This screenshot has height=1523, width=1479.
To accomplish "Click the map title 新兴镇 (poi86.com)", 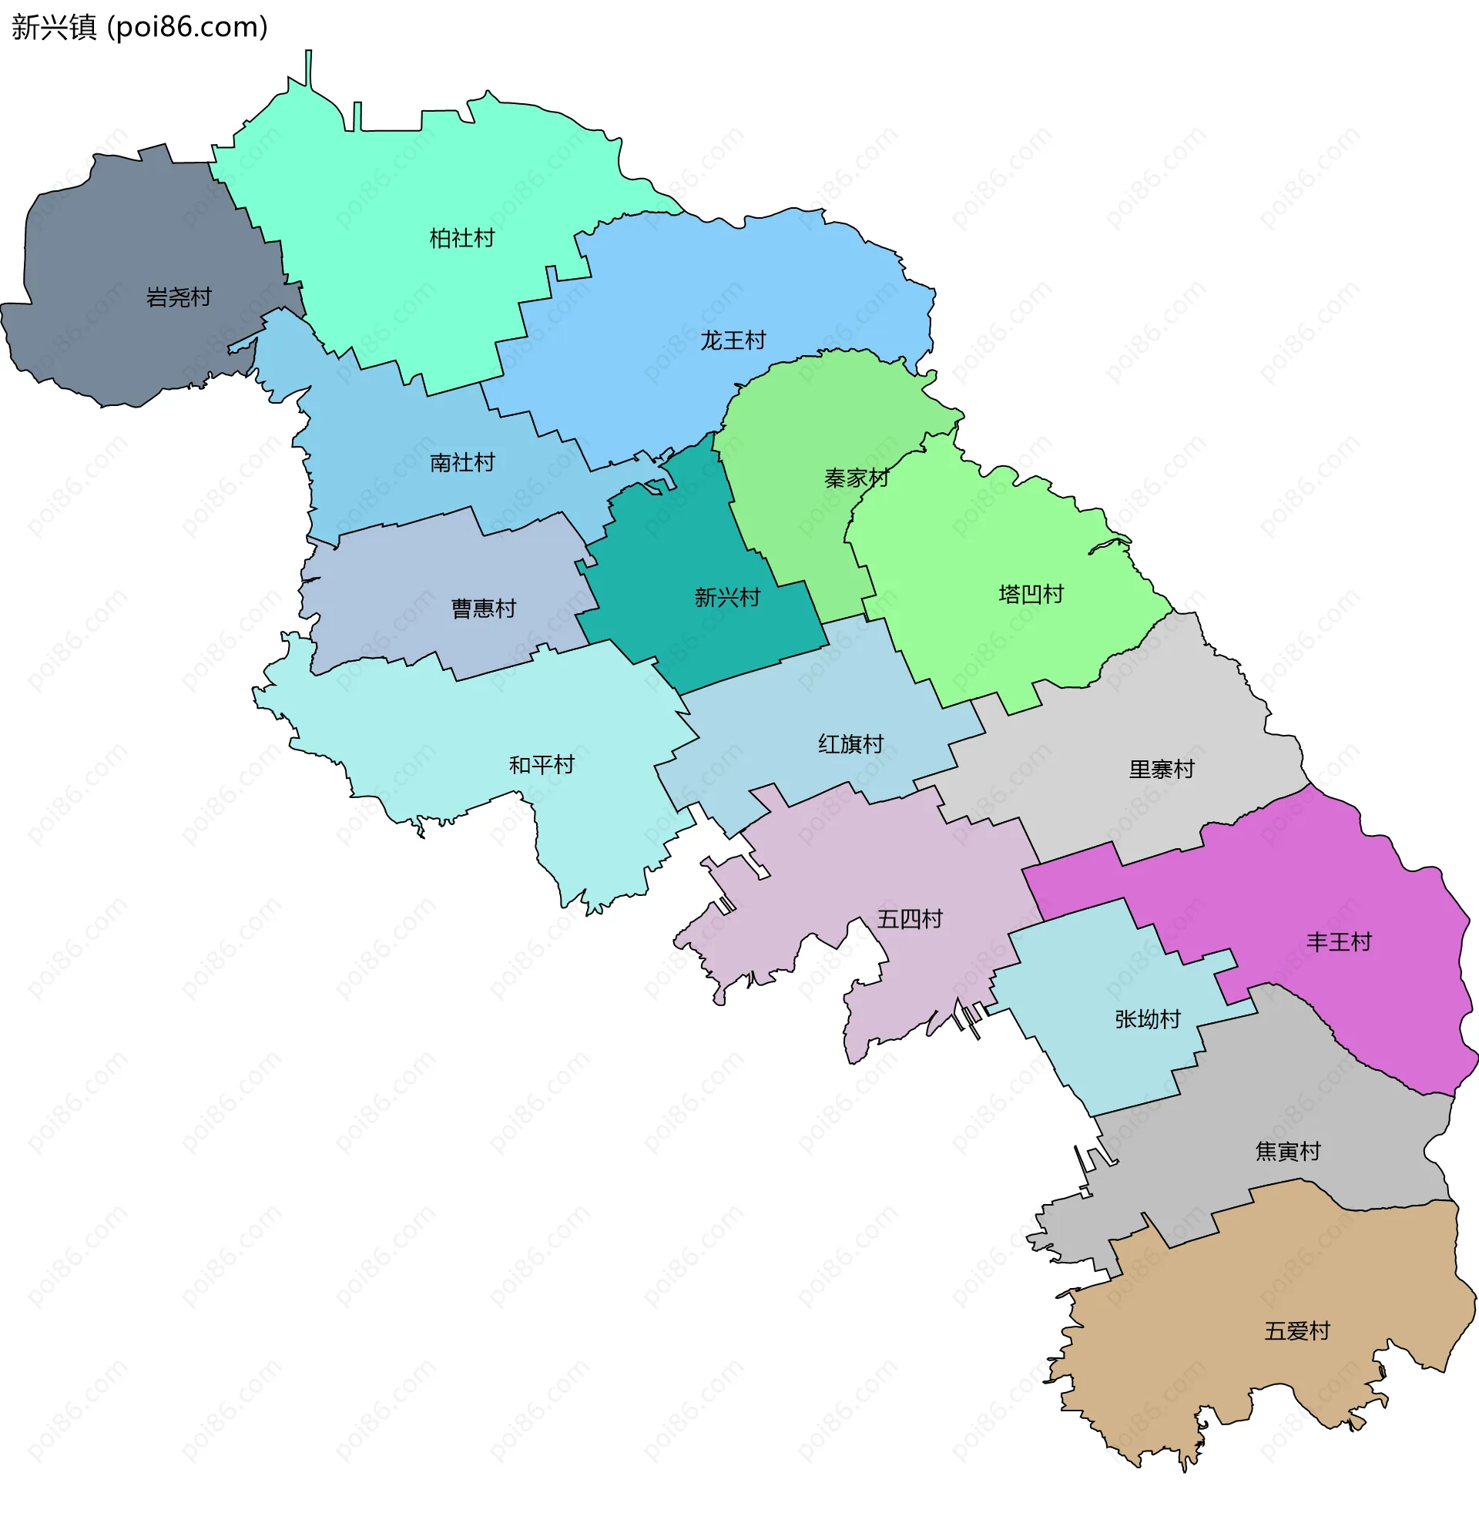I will [140, 27].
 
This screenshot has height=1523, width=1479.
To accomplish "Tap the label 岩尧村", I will [179, 297].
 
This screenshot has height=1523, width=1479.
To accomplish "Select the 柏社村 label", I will [462, 238].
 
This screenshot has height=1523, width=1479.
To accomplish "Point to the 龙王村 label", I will [733, 340].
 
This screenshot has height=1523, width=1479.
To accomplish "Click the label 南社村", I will [462, 462].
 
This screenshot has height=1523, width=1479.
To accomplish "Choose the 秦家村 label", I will [857, 478].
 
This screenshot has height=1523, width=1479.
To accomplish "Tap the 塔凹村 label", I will [1031, 595].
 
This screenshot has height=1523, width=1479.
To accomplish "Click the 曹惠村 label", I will [484, 609].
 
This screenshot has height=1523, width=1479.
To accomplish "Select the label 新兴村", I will [727, 598].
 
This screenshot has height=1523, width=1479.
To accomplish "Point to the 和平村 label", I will [542, 765].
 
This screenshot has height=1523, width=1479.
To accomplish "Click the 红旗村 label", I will [851, 743].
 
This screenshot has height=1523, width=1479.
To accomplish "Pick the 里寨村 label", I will [1162, 770].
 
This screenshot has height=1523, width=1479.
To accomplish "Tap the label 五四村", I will [910, 919].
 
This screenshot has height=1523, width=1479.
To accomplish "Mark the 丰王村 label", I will [1339, 942].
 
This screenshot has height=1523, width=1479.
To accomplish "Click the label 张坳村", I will [1148, 1018].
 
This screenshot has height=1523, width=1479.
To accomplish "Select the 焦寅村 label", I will [1289, 1151].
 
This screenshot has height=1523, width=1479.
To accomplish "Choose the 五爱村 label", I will [1297, 1331].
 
